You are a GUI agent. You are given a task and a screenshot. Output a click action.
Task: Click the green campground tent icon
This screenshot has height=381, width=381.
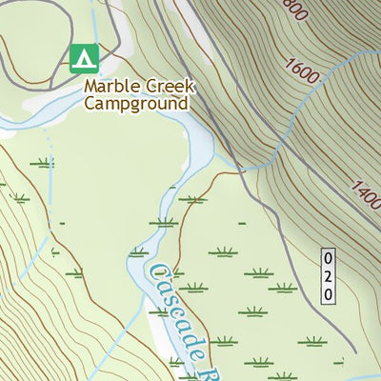tap(84, 59)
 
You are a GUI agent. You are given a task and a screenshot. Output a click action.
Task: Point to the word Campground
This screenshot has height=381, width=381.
tap(135, 103)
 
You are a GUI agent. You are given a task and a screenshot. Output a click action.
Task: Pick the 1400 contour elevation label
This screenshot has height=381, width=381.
tap(365, 197)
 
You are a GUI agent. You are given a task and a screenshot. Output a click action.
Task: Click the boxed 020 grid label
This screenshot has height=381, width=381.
tap(328, 275)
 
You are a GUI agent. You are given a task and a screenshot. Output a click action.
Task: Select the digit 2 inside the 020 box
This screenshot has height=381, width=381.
tap(328, 275)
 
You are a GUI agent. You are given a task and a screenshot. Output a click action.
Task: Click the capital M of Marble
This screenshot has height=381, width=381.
tap(90, 86)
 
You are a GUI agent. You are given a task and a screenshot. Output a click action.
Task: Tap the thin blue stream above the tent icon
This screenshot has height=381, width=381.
tap(96, 19)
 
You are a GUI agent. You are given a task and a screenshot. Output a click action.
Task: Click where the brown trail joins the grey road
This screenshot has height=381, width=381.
tap(243, 171)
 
